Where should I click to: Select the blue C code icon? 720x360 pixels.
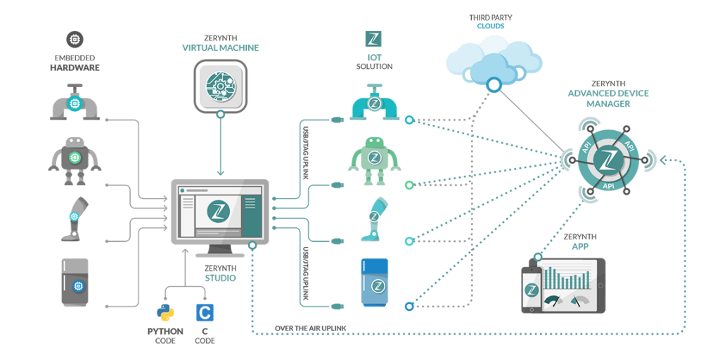pyautogui.click(x=205, y=312)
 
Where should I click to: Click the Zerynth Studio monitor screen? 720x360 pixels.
pyautogui.click(x=219, y=210)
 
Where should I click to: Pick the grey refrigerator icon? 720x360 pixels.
pyautogui.click(x=74, y=283)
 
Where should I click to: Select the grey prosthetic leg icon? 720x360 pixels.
pyautogui.click(x=75, y=216)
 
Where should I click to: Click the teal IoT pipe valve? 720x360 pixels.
pyautogui.click(x=374, y=105)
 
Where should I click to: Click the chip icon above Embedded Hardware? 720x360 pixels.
pyautogui.click(x=74, y=39)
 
